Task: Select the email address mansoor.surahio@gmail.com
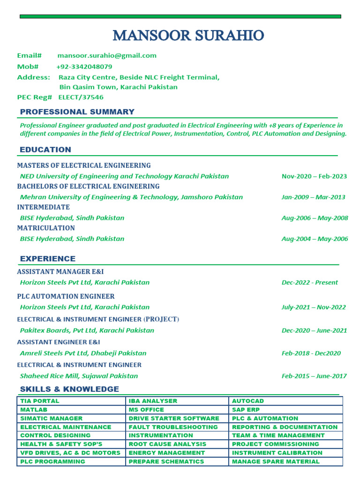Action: pos(107,55)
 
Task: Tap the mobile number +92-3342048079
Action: pos(84,67)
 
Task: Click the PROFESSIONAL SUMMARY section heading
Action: pos(77,112)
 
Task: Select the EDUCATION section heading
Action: pos(45,150)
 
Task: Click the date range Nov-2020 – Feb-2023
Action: pos(314,176)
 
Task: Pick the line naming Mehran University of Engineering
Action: pos(131,197)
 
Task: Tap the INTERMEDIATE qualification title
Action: pos(43,207)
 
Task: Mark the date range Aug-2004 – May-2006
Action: pos(315,239)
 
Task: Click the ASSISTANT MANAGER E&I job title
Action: pos(60,271)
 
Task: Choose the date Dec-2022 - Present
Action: pos(309,282)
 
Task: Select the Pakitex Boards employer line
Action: pos(87,330)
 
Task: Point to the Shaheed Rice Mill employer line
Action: pos(79,376)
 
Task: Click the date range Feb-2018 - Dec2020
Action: pos(311,353)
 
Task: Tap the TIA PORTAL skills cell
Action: pos(40,401)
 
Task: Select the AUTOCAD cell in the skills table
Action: pos(248,401)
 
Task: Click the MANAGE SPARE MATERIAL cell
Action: pos(276,461)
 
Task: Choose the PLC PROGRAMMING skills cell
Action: pos(52,461)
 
